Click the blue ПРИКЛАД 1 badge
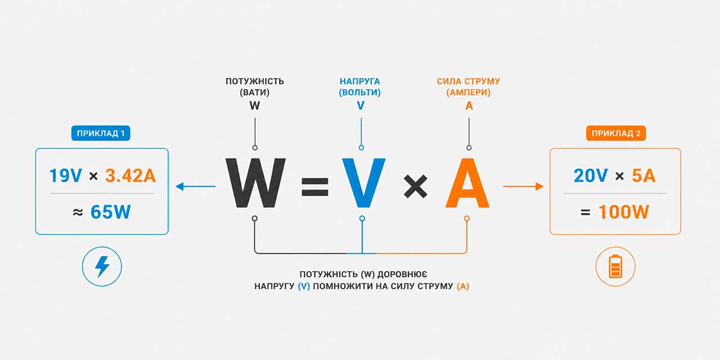pos(101,133)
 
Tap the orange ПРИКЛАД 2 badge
pos(616,133)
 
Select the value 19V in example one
pos(66,176)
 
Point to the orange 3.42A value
pos(130,176)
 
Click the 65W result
pos(111,212)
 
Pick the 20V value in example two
pos(591,176)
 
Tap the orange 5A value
pos(643,176)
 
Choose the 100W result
pos(624,212)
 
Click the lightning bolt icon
pos(102,266)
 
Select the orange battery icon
pos(615,266)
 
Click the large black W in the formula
pos(255,183)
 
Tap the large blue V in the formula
pos(363,183)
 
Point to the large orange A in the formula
pos(467,183)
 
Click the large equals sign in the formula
pos(314,187)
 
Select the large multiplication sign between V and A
pos(415,186)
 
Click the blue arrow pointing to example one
pos(196,186)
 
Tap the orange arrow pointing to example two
pos(523,186)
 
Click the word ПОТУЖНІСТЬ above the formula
pos(255,82)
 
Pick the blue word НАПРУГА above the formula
pos(359,82)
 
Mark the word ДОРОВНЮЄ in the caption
pos(402,274)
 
